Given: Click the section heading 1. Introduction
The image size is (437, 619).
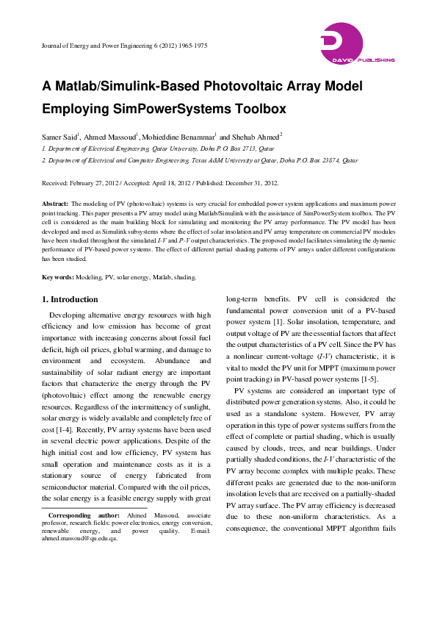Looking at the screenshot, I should [70, 300].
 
